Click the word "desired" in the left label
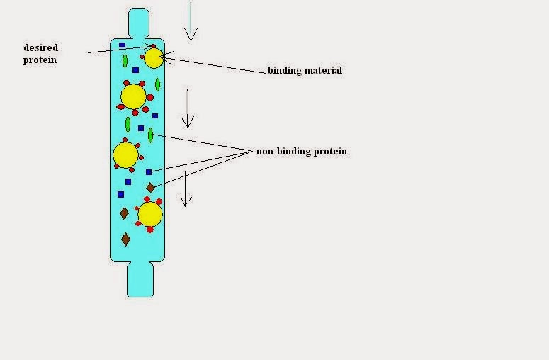(40, 48)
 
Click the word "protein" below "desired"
(40, 60)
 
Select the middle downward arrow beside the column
(187, 108)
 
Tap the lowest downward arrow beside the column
(185, 189)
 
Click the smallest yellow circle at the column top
(153, 58)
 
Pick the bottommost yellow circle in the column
(149, 214)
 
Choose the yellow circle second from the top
(133, 96)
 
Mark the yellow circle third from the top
(125, 154)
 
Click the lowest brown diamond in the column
(125, 240)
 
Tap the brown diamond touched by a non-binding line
(150, 188)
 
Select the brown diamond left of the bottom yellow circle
(125, 213)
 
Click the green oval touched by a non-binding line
(150, 135)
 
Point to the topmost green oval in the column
(125, 61)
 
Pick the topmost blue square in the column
(123, 45)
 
